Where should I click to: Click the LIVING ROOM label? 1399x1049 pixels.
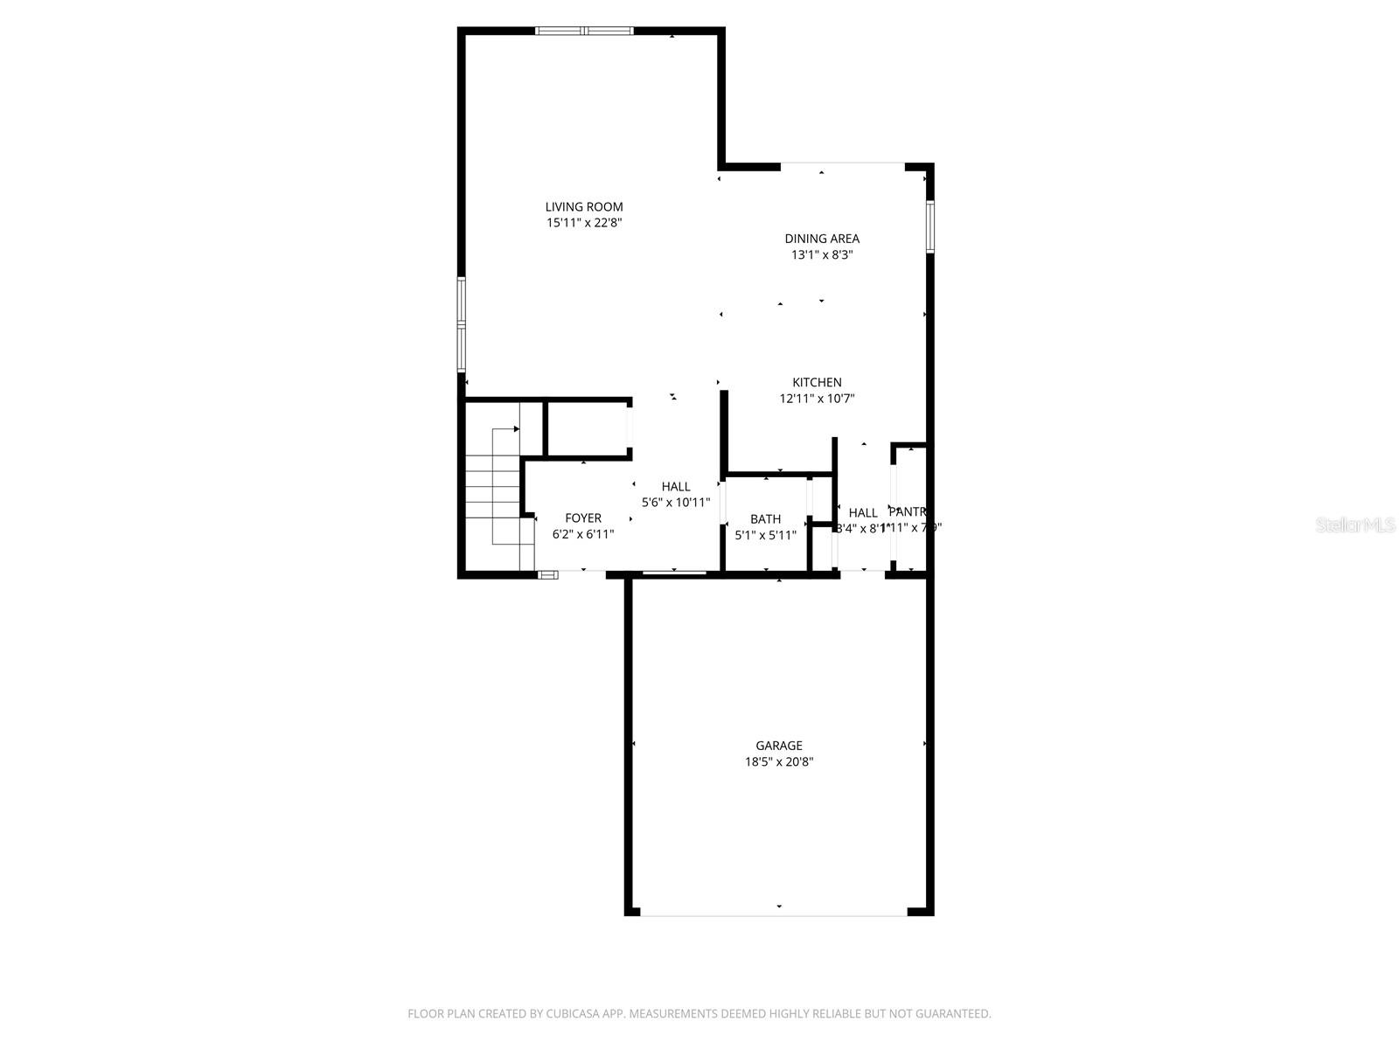pos(584,207)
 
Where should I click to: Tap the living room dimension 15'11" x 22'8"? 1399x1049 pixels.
pos(584,224)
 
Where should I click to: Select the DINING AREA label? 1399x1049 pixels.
pos(822,239)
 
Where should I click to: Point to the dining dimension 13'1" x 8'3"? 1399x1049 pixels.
pos(822,255)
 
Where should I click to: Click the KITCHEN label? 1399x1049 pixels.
pos(817,383)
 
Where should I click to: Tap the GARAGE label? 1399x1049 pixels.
pos(779,746)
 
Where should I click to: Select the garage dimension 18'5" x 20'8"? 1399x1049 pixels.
pos(779,762)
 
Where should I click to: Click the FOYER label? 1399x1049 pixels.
pos(583,518)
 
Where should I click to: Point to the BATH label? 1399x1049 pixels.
pos(765,519)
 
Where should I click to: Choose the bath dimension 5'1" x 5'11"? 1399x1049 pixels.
pos(765,535)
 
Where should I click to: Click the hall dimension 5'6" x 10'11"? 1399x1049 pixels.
pos(676,503)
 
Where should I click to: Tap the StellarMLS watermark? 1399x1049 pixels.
pos(1356,524)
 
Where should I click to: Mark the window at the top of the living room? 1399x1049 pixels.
pos(584,31)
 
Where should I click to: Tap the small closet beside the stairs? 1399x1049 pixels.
pos(587,429)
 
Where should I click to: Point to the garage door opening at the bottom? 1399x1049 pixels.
pos(774,914)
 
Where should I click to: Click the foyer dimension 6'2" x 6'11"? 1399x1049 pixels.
pos(583,534)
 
